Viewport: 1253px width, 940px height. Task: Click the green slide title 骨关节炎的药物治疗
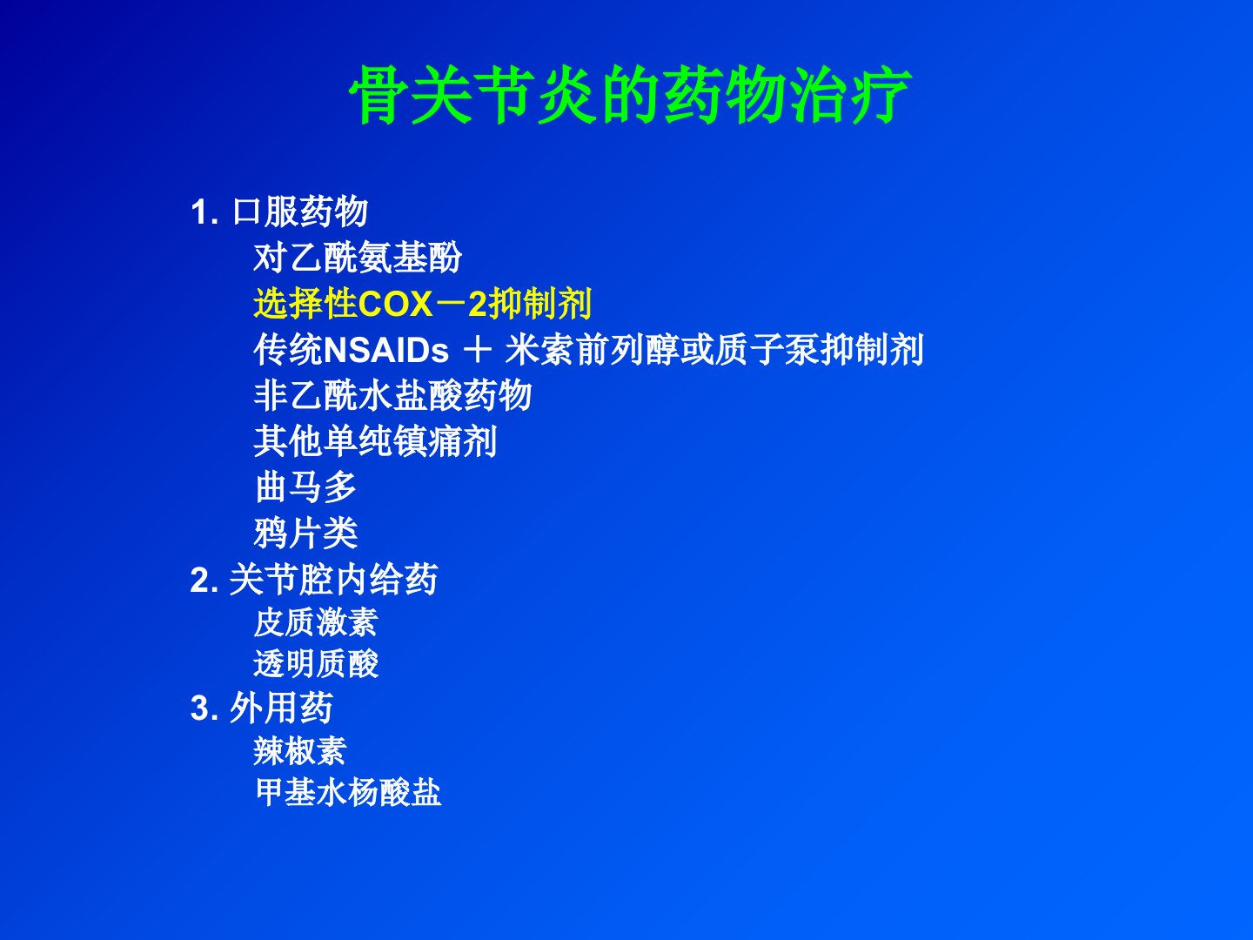(630, 95)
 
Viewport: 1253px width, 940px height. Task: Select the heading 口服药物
(300, 211)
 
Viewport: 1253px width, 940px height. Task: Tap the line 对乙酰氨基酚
(358, 258)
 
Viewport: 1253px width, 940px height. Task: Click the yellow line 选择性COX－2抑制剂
(422, 304)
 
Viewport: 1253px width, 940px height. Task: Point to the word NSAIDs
(386, 350)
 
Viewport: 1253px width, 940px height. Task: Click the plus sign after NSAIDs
(478, 350)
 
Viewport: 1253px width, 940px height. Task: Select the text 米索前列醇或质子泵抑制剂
(714, 350)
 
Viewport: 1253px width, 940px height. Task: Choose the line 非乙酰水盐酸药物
(392, 395)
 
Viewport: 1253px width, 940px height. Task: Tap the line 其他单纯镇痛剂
(375, 441)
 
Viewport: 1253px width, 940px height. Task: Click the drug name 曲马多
(306, 487)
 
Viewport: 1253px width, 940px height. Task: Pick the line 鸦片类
(306, 534)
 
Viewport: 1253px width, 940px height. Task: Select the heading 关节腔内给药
(334, 580)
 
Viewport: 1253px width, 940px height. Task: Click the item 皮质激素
(316, 622)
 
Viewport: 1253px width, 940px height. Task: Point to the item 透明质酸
(316, 664)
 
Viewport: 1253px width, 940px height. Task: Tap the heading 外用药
(281, 708)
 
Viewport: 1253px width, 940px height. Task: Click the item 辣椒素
(300, 751)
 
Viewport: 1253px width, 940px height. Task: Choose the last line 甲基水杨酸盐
(348, 793)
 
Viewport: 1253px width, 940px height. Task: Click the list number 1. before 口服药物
(204, 212)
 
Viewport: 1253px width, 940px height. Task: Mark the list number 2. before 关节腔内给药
(204, 581)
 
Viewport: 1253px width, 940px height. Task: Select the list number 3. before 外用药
(204, 708)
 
